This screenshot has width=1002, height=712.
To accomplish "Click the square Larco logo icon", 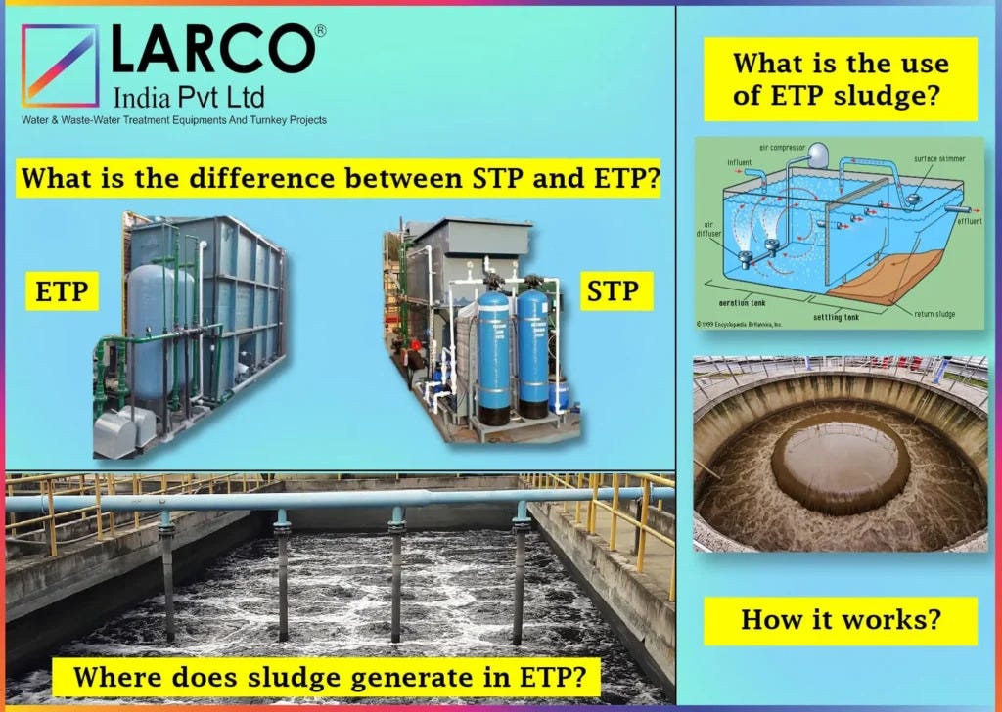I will [60, 66].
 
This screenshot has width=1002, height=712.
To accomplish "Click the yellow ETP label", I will [62, 291].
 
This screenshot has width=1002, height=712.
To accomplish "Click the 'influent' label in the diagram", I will [740, 162].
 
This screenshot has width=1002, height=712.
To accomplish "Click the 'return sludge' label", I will [934, 314].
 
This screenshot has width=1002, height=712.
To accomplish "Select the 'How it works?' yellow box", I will [841, 619].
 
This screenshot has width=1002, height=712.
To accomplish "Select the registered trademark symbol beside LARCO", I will [320, 32].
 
